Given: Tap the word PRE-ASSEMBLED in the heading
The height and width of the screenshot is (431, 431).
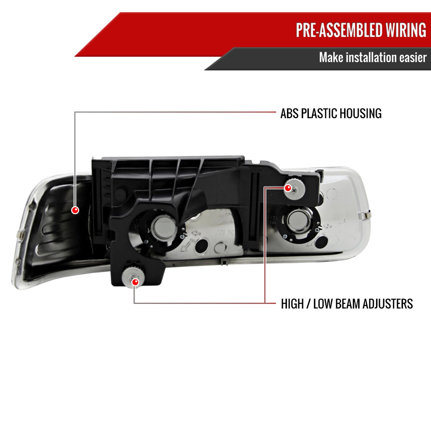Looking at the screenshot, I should pyautogui.click(x=339, y=30).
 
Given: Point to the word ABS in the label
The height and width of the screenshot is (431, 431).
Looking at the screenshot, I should pyautogui.click(x=289, y=113).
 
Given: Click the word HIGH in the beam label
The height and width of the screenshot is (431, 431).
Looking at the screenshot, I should pyautogui.click(x=292, y=304).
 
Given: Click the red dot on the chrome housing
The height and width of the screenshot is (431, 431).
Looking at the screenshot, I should pyautogui.click(x=75, y=210).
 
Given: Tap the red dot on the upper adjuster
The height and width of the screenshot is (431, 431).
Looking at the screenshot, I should pyautogui.click(x=288, y=188).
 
